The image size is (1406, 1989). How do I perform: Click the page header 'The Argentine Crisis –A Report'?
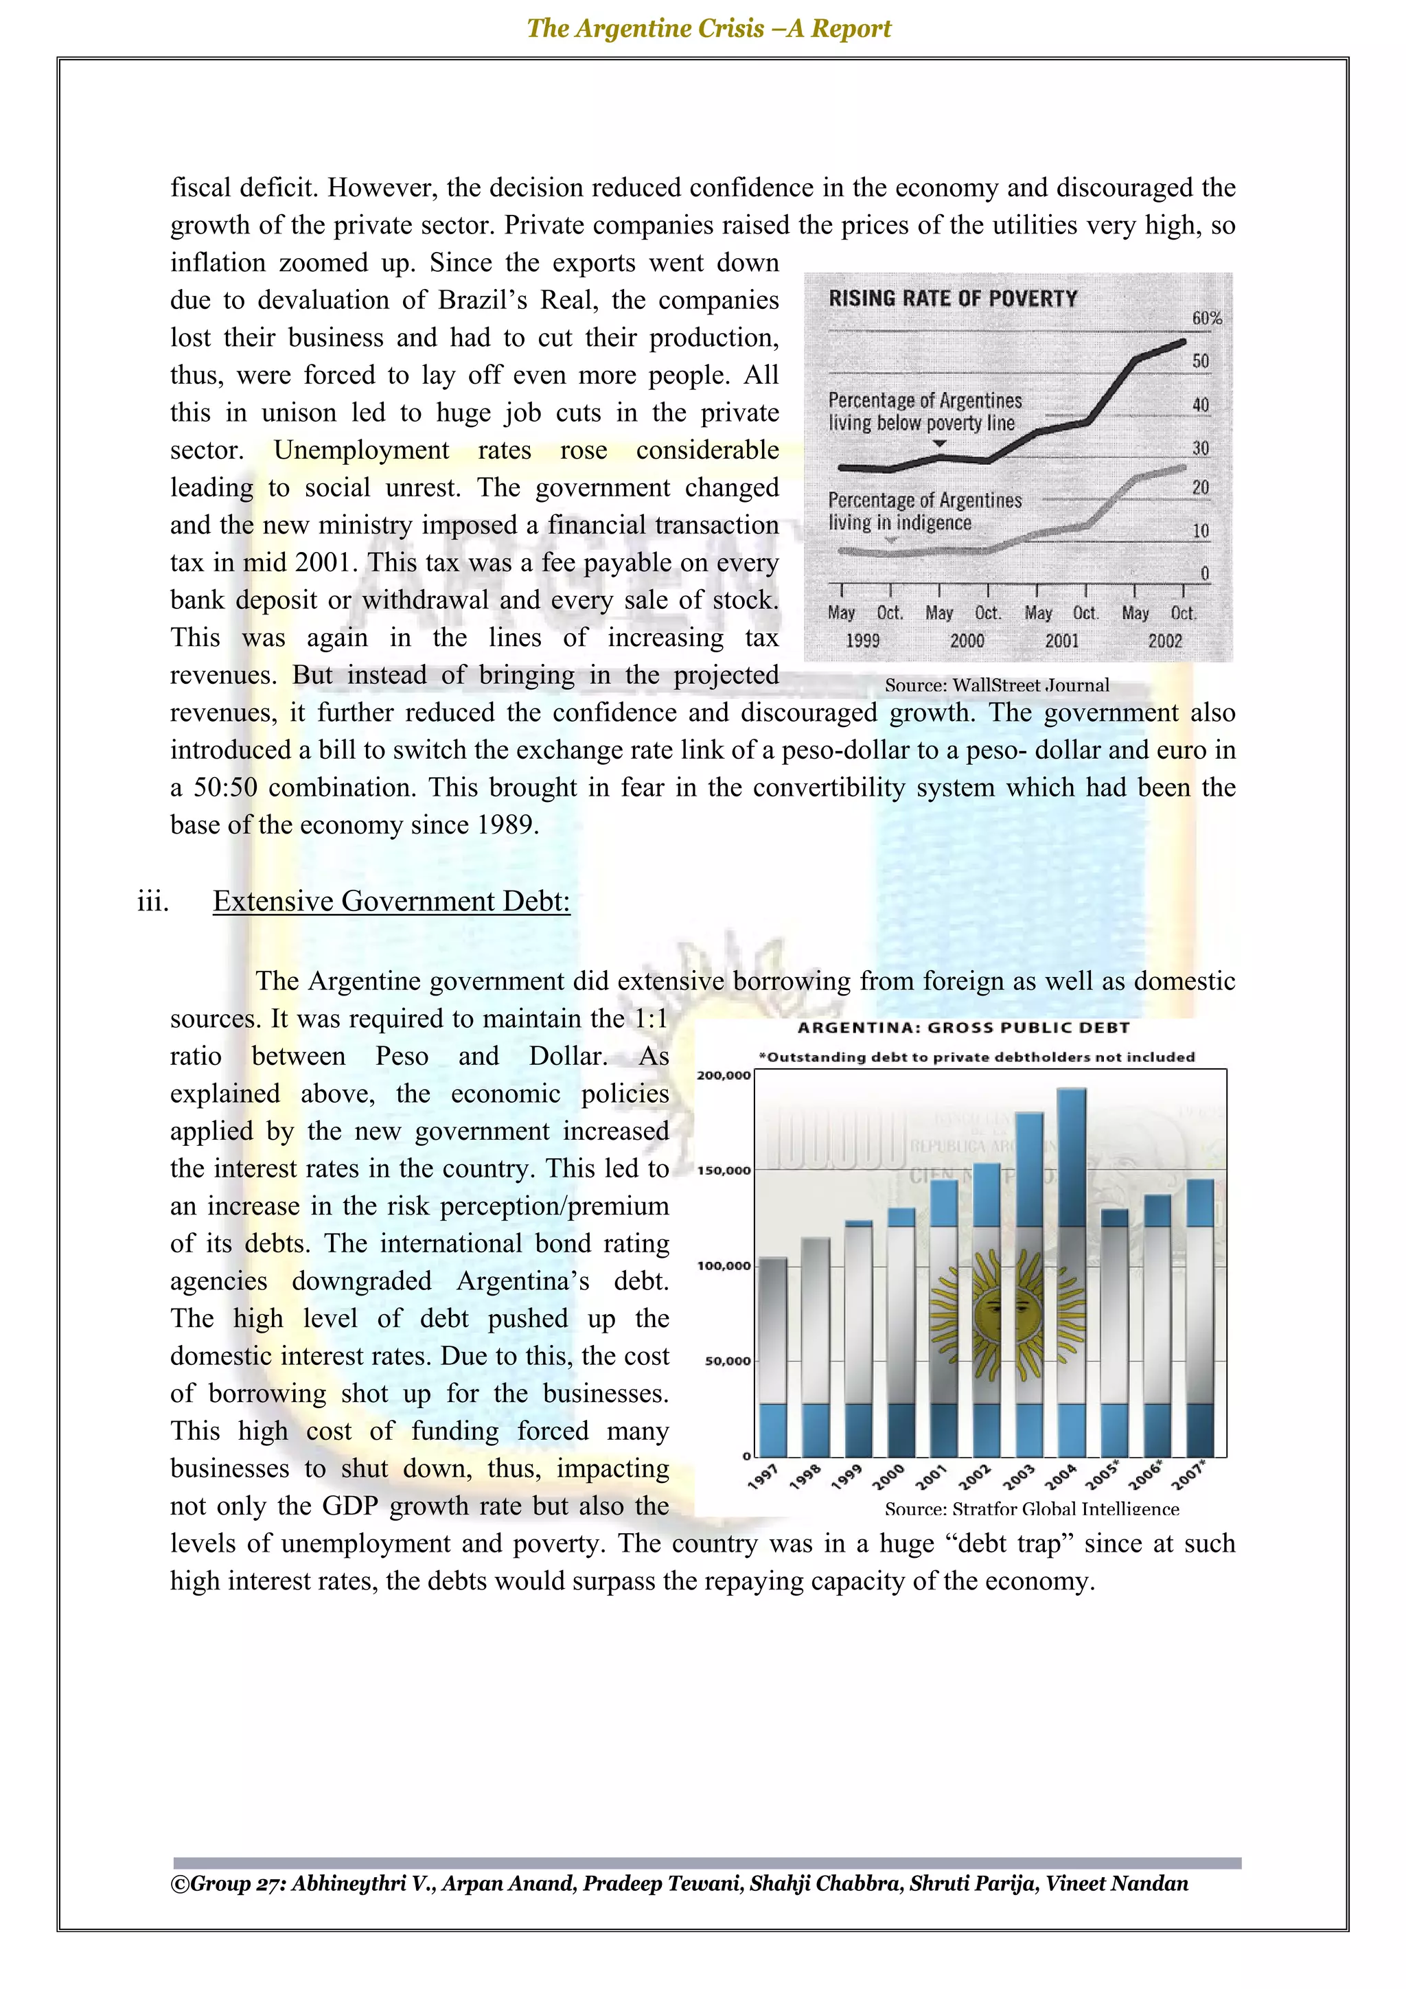pos(708,29)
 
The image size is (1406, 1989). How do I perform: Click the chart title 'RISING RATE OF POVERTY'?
pos(952,299)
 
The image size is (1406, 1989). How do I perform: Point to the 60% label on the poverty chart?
pos(1206,318)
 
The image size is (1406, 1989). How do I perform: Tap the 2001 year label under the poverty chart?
pos(1061,641)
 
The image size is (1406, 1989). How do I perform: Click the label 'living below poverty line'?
pos(921,424)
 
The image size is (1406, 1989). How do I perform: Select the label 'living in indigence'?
pos(899,523)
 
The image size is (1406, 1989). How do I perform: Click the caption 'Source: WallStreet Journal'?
pos(996,685)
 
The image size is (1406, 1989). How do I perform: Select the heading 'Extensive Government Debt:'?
pos(391,901)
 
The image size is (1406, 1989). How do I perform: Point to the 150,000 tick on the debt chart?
pos(724,1171)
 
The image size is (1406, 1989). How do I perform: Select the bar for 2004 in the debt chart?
pos(1072,1274)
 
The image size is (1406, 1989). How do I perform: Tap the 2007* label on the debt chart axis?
pos(1188,1475)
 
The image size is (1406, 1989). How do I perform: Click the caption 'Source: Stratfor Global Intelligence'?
pos(1031,1509)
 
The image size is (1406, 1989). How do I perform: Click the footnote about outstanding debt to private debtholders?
pos(976,1057)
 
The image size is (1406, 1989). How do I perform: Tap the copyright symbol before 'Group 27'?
pos(179,1884)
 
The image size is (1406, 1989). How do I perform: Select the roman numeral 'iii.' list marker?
pos(152,901)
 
